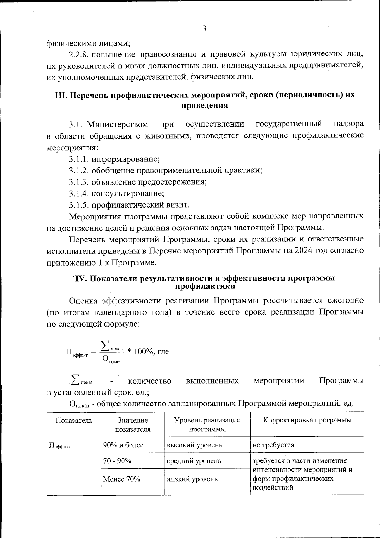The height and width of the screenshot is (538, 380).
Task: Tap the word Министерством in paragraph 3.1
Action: [117, 124]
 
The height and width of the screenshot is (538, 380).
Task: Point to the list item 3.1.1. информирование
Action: [114, 159]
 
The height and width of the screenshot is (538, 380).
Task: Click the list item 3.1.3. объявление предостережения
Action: [138, 182]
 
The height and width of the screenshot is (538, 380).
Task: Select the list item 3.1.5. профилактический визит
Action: [129, 205]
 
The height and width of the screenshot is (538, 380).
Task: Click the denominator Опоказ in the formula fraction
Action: [111, 359]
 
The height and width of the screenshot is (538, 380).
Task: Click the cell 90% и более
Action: [123, 445]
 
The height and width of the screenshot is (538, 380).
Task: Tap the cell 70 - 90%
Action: [117, 461]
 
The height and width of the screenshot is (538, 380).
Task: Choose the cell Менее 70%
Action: [122, 479]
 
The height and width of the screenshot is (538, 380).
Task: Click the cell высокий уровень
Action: [194, 445]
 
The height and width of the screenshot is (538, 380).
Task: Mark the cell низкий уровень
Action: [192, 479]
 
